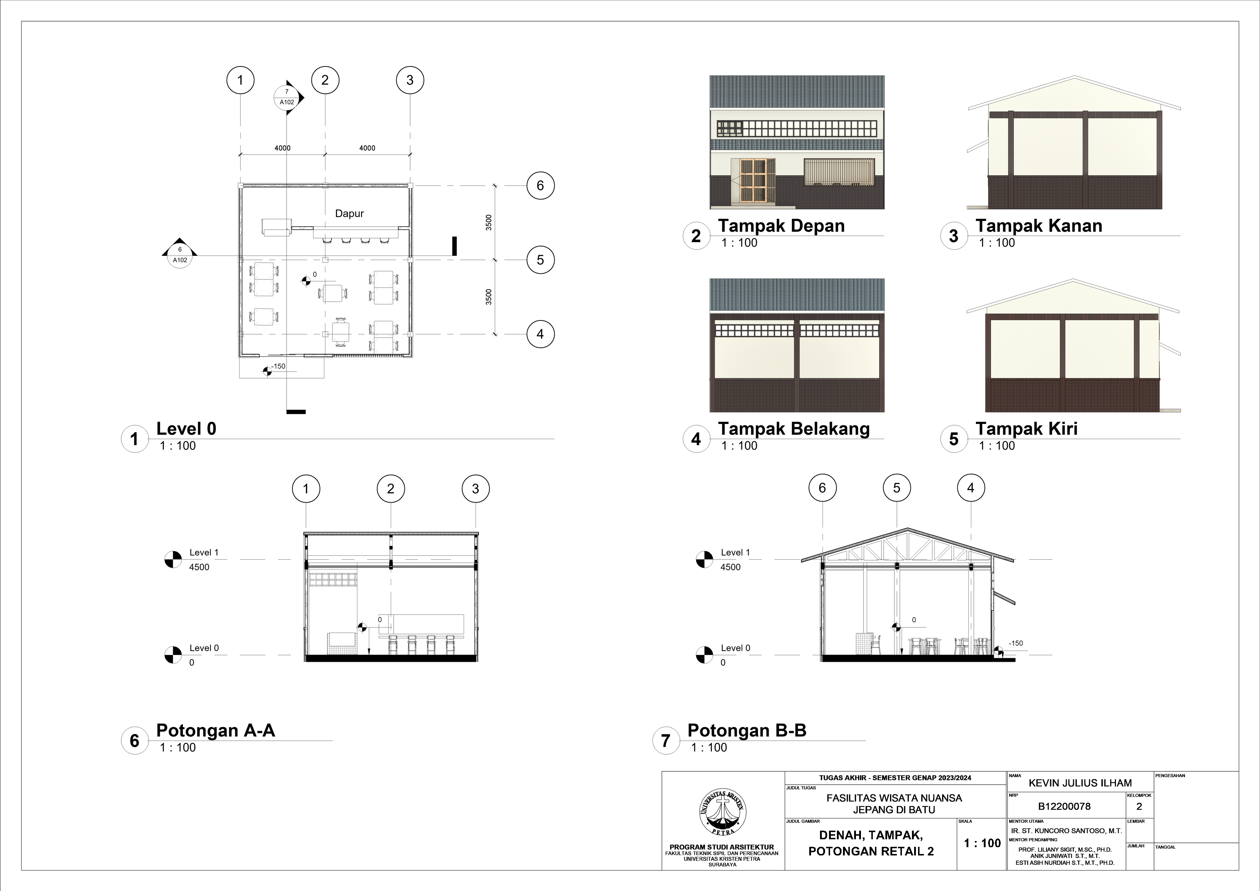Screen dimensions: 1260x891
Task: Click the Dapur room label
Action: point(349,213)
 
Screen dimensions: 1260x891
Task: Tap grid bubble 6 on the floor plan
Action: point(540,185)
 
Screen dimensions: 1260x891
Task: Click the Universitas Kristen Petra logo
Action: point(722,812)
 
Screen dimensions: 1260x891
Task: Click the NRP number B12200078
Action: point(1064,807)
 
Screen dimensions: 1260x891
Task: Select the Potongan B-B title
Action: point(747,731)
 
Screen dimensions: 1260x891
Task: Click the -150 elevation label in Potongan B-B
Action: point(1016,643)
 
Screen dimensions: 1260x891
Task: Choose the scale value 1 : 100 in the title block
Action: point(982,843)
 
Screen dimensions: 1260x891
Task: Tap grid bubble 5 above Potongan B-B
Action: point(897,488)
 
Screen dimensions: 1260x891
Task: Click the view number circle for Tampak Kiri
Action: point(954,439)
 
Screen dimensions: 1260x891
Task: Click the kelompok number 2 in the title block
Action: point(1139,807)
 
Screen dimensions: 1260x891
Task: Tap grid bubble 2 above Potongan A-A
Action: point(391,489)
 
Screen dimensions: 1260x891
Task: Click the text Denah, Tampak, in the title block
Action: point(871,835)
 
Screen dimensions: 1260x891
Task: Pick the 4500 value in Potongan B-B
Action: point(731,567)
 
